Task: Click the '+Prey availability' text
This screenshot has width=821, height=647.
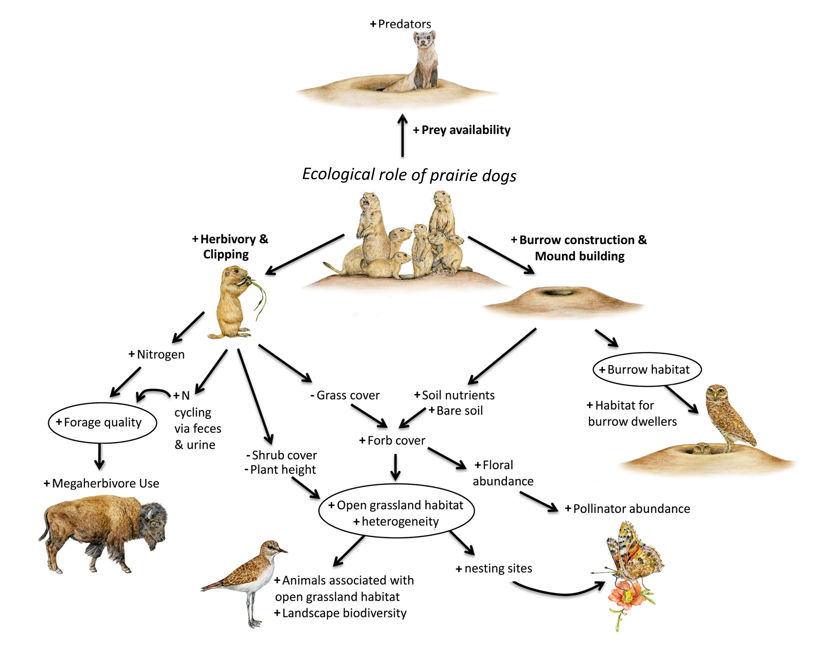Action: tap(462, 130)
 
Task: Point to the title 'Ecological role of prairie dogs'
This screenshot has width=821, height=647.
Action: tap(409, 175)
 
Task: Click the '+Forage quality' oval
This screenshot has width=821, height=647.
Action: tap(102, 422)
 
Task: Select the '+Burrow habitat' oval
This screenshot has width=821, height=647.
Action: tap(647, 369)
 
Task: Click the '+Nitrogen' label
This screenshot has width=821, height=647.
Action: tap(157, 354)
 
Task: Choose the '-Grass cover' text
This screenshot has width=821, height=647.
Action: tap(345, 395)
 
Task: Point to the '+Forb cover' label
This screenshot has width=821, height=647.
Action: tap(392, 441)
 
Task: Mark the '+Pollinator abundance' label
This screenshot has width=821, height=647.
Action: tap(627, 509)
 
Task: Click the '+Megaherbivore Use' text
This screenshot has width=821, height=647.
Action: tap(102, 483)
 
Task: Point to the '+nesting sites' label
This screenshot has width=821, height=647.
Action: tap(494, 568)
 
